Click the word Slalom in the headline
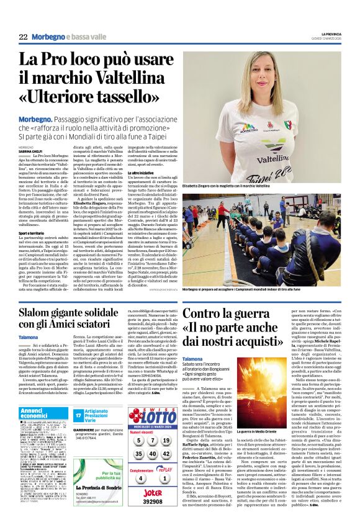tap(37, 311)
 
